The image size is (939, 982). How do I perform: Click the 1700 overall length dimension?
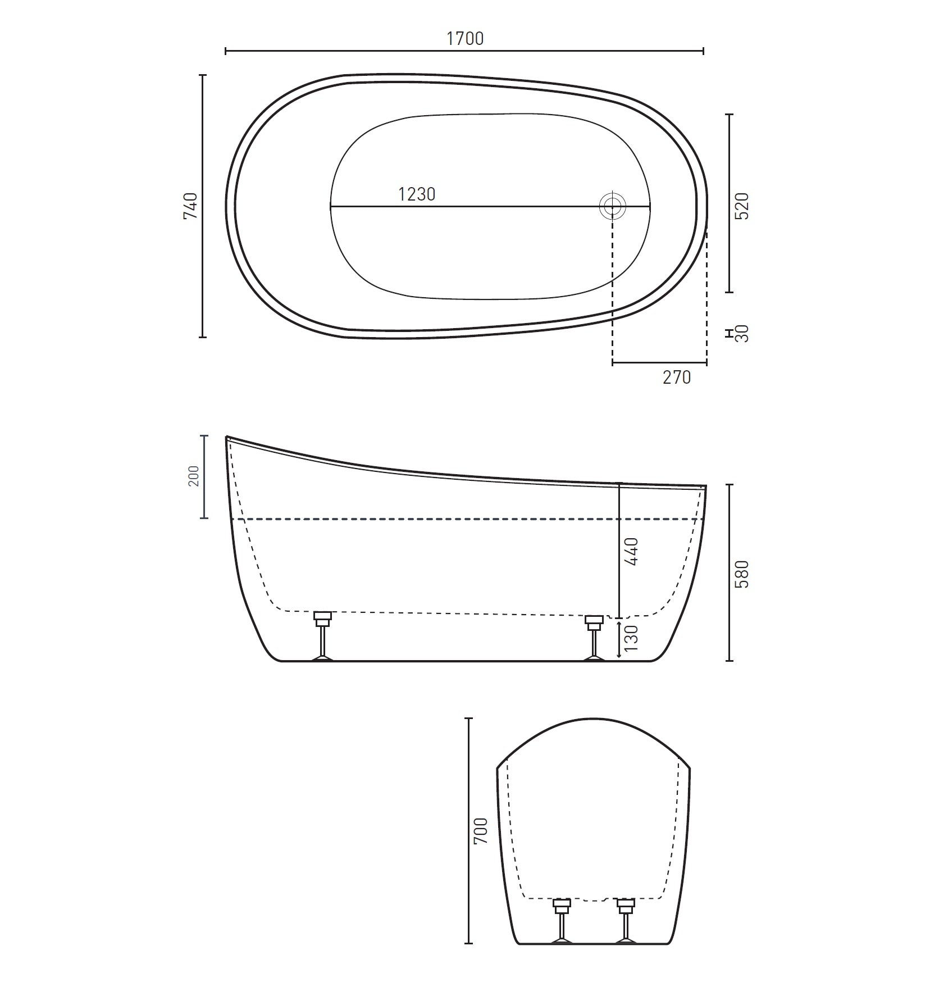coord(464,38)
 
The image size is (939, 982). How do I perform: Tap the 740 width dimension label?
coord(190,206)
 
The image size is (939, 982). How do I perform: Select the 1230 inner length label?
coord(417,194)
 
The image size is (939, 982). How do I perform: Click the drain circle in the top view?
coord(612,206)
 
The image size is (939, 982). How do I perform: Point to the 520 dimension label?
coord(742,206)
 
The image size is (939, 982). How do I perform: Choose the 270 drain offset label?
coord(676,377)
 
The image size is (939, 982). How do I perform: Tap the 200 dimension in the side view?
coord(194,476)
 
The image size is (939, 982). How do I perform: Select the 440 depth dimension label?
coord(632,551)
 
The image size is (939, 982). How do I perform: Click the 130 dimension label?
coord(632,638)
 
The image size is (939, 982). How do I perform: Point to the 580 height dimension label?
coord(742,574)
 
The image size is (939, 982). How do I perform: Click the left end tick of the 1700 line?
coord(226,51)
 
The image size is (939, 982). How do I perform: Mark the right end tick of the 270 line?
coord(706,363)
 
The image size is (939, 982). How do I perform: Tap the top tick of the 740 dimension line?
coord(203,75)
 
